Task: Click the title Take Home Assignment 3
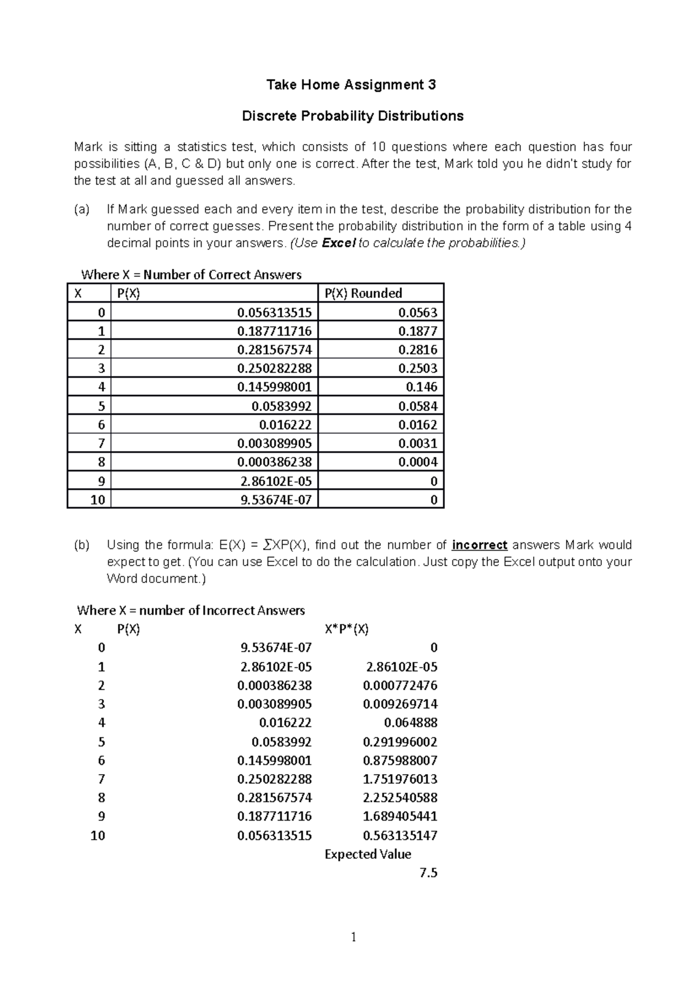click(x=351, y=85)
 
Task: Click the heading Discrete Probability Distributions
click(x=353, y=116)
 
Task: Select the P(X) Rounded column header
click(x=363, y=293)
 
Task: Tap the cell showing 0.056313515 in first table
click(x=274, y=312)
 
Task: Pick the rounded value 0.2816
click(x=418, y=350)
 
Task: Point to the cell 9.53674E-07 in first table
click(x=276, y=499)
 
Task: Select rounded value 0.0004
click(x=418, y=462)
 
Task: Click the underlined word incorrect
click(x=479, y=545)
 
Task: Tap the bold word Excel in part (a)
click(x=338, y=243)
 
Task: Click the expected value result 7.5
click(x=428, y=873)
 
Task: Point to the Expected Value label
click(x=368, y=854)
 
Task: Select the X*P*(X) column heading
click(x=347, y=629)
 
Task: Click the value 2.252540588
click(x=400, y=798)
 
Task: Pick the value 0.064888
click(x=411, y=723)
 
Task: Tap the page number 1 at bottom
click(x=353, y=937)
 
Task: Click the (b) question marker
click(x=82, y=545)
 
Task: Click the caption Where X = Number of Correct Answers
click(x=191, y=275)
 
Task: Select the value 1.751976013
click(x=400, y=779)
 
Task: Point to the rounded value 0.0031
click(x=418, y=444)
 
